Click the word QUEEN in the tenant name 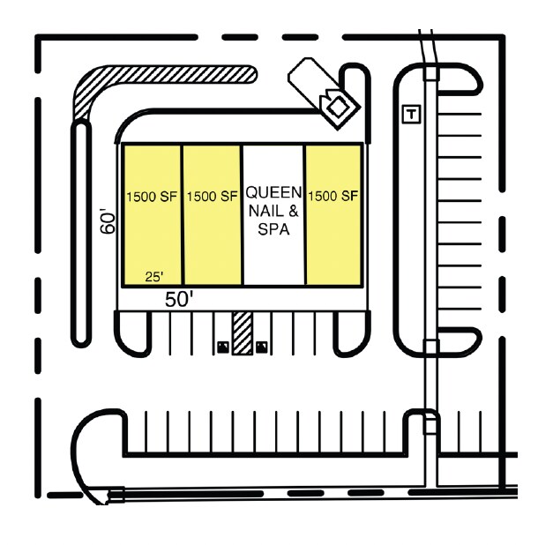(273, 192)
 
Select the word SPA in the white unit (273, 229)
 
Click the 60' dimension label (108, 221)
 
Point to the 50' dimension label (179, 299)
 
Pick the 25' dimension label (154, 277)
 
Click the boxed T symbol (412, 114)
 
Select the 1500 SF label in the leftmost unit (152, 197)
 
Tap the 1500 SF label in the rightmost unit (333, 196)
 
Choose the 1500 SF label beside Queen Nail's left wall (213, 197)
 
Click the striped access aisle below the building (243, 333)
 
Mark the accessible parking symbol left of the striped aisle (223, 347)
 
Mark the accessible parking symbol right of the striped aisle (262, 347)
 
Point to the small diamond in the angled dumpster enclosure (336, 108)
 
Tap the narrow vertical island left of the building (81, 233)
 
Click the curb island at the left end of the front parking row (133, 333)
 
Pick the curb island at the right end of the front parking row (352, 333)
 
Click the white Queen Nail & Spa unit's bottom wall (274, 286)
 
